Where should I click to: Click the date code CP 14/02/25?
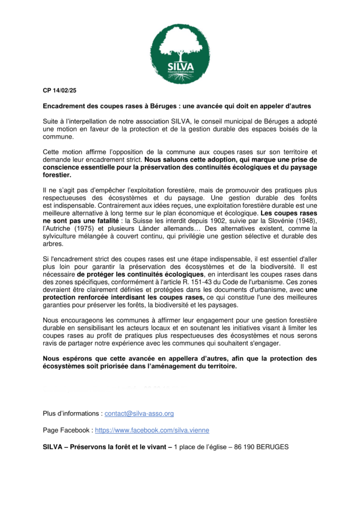tap(59, 90)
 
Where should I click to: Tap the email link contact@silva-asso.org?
tap(139, 414)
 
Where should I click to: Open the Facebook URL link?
tap(152, 430)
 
